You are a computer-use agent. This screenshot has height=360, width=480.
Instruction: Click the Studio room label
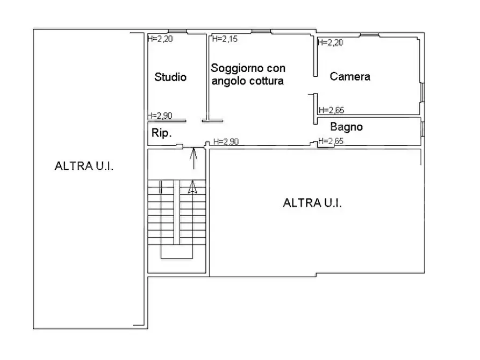[170, 77]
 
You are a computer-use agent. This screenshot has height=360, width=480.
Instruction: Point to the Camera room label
[350, 76]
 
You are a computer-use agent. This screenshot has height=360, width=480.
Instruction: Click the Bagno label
[346, 127]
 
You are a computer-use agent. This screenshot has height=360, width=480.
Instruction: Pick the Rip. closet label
[161, 133]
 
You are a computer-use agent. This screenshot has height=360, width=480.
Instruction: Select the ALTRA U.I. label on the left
[84, 165]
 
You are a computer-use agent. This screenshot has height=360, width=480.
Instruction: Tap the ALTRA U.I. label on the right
[313, 203]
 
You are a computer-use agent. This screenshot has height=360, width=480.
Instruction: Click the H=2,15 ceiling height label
[224, 39]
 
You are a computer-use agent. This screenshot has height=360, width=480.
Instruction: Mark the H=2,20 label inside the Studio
[160, 39]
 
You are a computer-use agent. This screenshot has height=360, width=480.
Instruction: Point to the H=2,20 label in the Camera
[331, 43]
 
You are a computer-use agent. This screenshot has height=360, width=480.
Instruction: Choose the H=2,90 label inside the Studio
[160, 116]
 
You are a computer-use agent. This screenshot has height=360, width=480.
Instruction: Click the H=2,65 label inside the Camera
[331, 110]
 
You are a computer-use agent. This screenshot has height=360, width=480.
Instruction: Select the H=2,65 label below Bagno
[331, 141]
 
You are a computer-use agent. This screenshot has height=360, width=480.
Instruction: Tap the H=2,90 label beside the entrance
[226, 141]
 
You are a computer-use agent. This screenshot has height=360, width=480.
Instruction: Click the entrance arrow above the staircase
[194, 157]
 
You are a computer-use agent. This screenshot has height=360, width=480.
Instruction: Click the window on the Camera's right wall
[422, 92]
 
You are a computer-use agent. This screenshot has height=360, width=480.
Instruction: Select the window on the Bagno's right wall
[422, 129]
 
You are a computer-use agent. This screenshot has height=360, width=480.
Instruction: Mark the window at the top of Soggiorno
[261, 32]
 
